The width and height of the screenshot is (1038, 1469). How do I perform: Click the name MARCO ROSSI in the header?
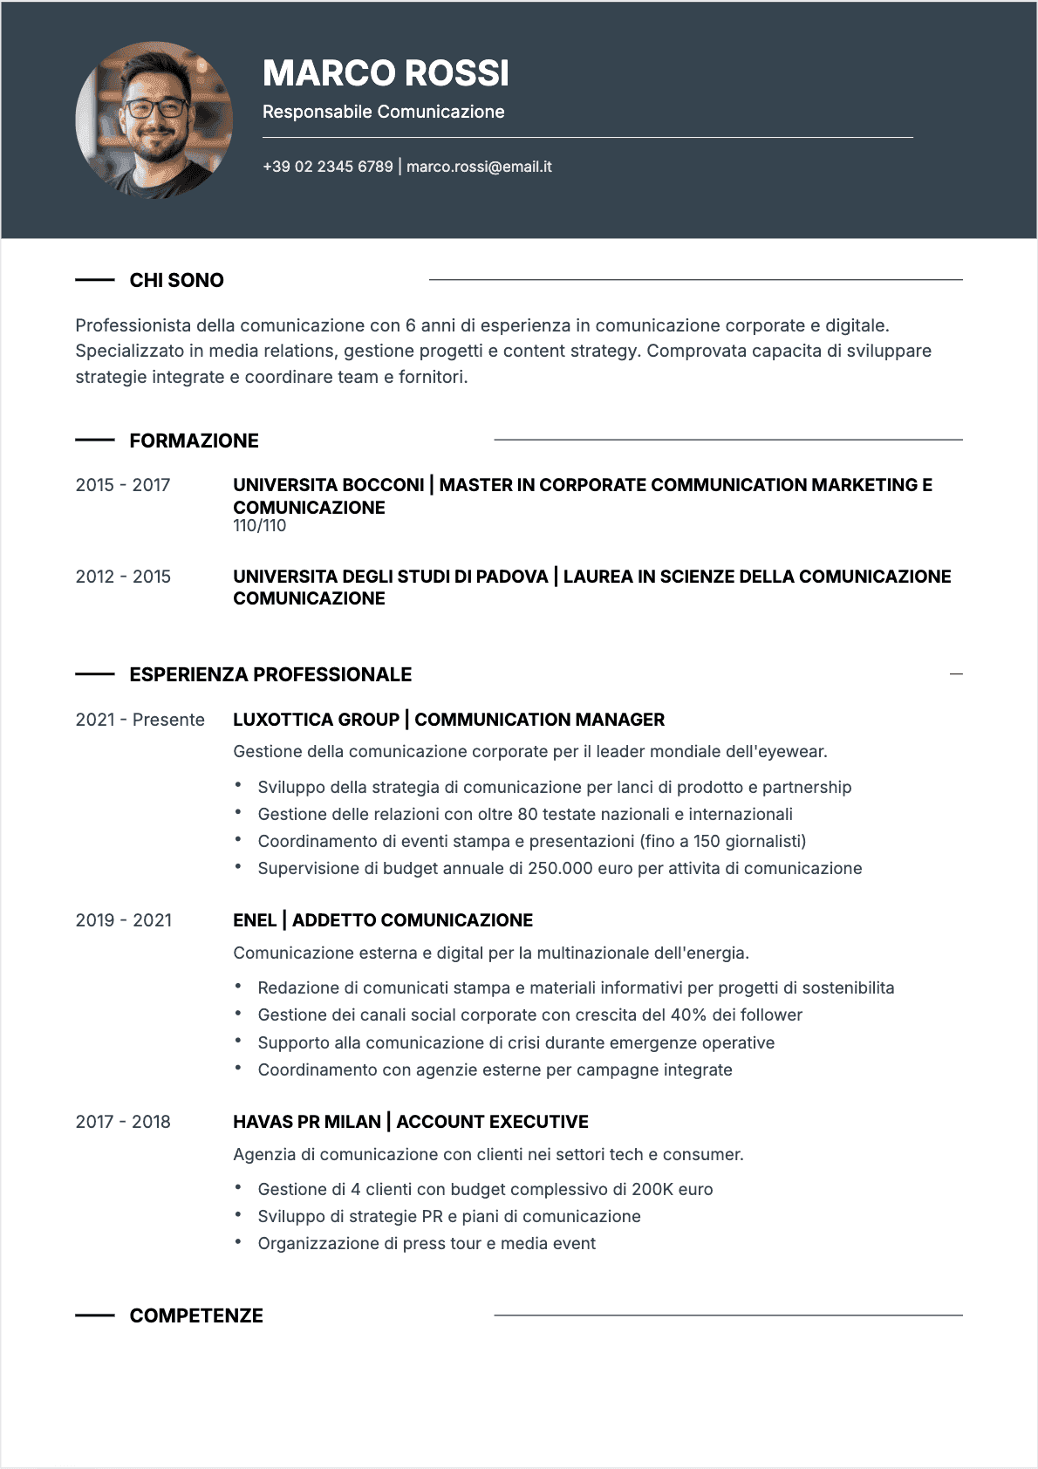386,74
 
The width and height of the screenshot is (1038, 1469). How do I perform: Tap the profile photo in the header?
154,120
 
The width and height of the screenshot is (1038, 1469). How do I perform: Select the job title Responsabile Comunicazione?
383,112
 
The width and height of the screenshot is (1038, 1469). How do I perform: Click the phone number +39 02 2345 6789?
328,167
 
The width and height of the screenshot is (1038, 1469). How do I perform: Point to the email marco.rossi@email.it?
479,167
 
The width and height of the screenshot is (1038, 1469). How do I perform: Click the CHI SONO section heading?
176,280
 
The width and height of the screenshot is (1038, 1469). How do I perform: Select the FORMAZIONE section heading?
194,441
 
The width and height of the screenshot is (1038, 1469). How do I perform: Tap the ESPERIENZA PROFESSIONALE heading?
270,674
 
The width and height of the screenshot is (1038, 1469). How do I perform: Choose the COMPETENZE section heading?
196,1315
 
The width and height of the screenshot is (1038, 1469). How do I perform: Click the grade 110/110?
259,526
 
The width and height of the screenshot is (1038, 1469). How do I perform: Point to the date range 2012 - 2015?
123,577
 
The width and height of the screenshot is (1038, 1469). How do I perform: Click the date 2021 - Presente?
140,720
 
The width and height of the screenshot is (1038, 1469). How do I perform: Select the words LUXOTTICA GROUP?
316,720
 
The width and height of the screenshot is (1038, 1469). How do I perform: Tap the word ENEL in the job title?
254,920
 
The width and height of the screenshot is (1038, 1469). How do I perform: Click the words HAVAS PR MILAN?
306,1122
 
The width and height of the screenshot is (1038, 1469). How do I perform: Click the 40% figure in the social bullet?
688,1015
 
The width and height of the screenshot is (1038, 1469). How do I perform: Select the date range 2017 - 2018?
123,1122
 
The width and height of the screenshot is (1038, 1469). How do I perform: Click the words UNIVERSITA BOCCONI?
328,485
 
